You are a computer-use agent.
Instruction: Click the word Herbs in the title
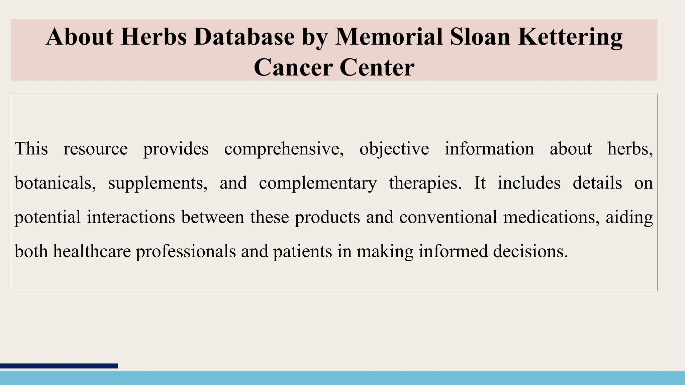(x=154, y=37)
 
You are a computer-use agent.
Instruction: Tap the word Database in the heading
(x=244, y=37)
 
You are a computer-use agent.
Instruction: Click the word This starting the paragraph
(x=31, y=148)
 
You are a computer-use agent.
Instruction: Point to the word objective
(x=394, y=149)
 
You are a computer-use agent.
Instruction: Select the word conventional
(x=448, y=217)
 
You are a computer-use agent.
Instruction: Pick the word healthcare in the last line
(x=92, y=251)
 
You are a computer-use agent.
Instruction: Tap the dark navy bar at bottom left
(x=59, y=366)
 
